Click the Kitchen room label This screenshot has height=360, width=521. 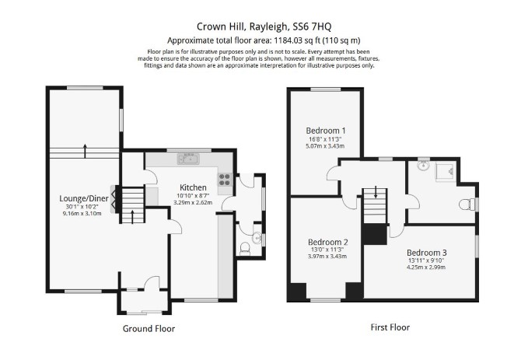[193, 187]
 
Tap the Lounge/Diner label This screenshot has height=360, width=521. [84, 198]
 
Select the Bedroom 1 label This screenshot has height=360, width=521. [326, 131]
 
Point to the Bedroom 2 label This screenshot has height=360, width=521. [327, 242]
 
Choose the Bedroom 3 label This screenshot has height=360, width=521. [427, 253]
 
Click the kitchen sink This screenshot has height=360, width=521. [188, 159]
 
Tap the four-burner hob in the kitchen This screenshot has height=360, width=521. [225, 180]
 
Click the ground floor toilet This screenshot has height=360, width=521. [245, 249]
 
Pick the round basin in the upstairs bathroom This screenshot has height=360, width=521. [423, 166]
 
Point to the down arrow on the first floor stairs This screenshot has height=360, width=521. [376, 192]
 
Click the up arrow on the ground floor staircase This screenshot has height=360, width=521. [132, 216]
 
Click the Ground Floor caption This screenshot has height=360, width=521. [149, 329]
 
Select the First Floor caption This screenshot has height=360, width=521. [390, 327]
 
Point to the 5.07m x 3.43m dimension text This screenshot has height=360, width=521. [325, 146]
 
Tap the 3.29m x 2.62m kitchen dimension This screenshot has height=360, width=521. [193, 202]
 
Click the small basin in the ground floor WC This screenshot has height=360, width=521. [257, 238]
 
